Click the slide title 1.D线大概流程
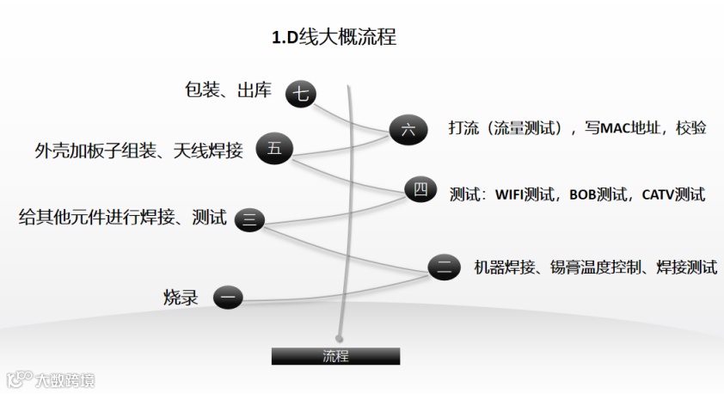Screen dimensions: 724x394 pos(334,38)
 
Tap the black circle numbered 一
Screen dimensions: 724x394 pos(228,298)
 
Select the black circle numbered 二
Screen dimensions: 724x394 pos(443,267)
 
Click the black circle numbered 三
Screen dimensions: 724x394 pos(249,219)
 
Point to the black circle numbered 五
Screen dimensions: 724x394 pos(273,149)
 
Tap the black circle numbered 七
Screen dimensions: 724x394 pos(300,94)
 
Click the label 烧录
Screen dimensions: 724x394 pos(181,298)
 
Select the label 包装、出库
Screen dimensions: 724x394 pos(229,90)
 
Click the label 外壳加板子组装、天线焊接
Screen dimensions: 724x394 pos(139,151)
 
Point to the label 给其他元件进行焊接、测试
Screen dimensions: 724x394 pos(123,218)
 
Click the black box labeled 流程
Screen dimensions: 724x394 pos(335,356)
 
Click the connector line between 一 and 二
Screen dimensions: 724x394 pos(335,288)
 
